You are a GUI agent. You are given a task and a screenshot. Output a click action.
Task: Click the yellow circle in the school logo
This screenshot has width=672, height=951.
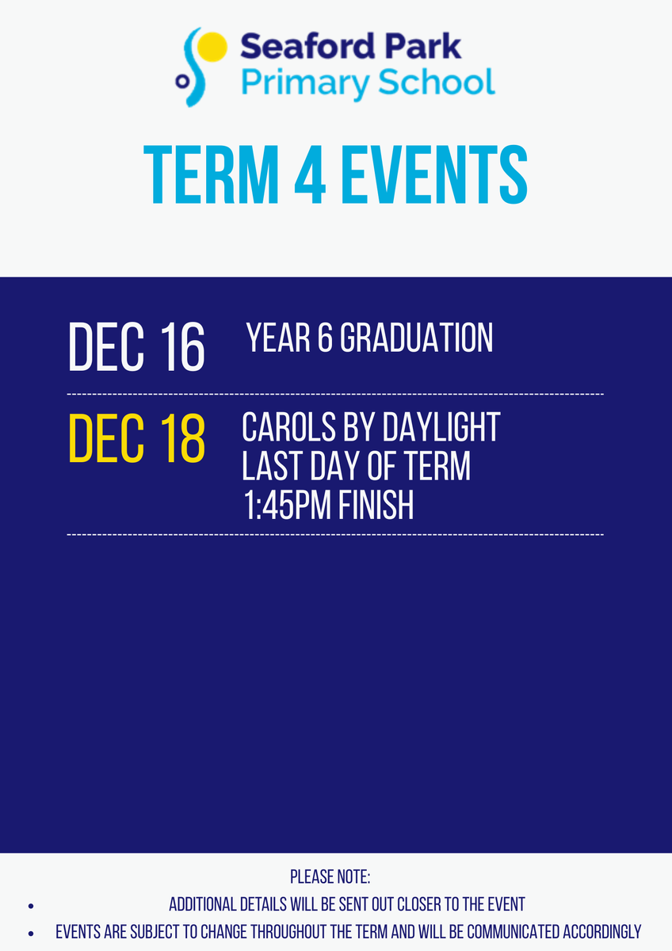point(212,47)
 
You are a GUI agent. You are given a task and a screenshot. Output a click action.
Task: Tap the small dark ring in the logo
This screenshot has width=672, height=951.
point(182,81)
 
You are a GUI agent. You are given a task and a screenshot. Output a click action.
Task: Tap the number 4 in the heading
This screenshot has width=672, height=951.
point(311,174)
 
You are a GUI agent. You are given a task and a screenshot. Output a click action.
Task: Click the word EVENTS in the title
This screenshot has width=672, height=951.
point(434,174)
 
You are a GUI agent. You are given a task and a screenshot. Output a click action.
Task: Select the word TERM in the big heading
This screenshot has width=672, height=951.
point(212,174)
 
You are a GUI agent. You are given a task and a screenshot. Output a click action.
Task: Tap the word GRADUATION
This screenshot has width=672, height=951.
point(417,338)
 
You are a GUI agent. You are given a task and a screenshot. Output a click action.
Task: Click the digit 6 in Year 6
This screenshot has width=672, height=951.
point(325,338)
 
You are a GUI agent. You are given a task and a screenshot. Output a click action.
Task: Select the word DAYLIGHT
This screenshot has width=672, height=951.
point(441,426)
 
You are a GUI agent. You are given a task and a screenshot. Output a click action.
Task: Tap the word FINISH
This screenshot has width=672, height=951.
point(376,505)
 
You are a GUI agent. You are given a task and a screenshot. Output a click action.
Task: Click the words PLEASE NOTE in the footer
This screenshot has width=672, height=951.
point(330,877)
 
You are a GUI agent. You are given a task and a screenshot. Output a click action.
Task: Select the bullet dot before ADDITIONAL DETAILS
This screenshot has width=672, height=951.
point(31,906)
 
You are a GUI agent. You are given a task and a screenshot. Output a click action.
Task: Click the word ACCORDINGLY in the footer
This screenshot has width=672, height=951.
point(602,932)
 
